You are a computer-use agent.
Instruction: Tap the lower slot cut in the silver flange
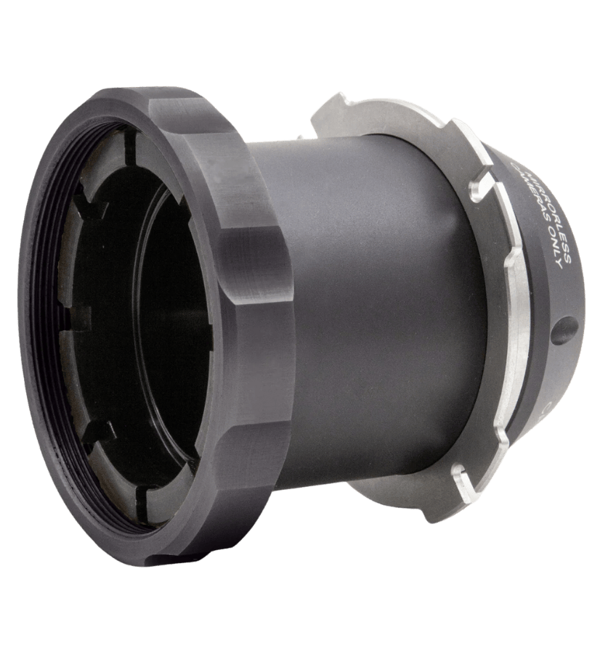pos(461,475)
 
